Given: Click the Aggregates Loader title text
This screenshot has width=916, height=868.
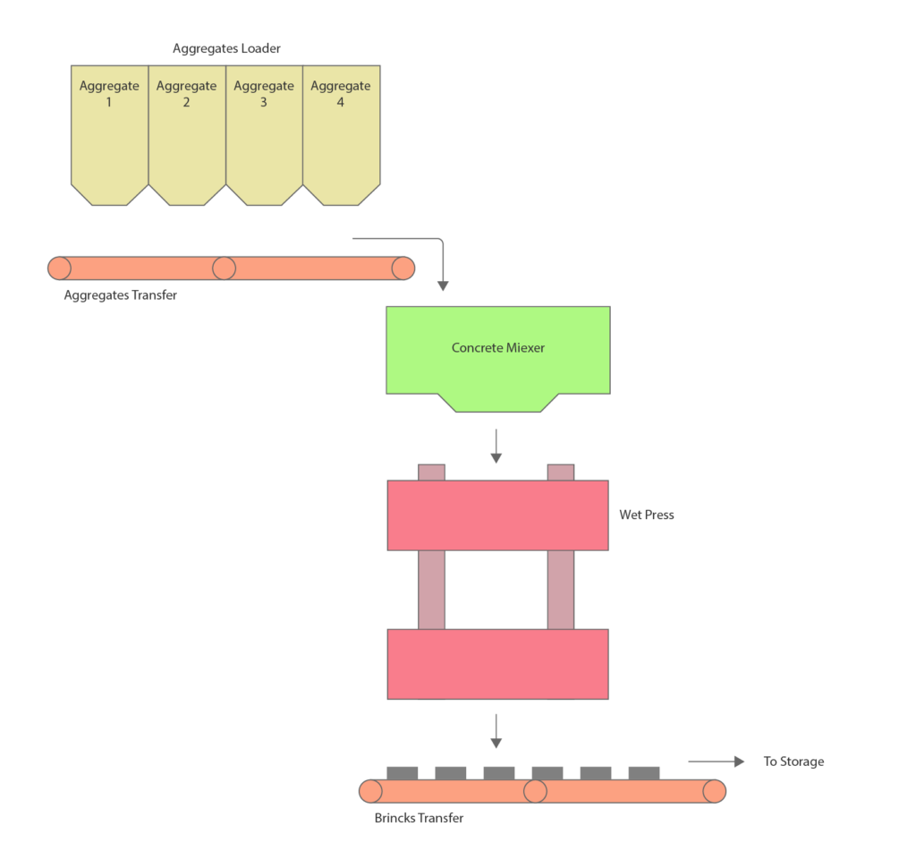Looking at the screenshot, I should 226,49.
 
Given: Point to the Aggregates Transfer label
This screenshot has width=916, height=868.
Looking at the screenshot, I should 120,294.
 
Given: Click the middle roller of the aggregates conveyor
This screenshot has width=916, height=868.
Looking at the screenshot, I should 224,268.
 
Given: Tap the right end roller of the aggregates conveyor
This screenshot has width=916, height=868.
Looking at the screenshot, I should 403,268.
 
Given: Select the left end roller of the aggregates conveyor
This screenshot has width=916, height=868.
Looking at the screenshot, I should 60,268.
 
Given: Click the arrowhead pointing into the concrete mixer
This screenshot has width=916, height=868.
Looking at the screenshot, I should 442,285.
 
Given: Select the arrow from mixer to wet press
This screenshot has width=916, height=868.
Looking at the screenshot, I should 496,446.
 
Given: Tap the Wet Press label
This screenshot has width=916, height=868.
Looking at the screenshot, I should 646,515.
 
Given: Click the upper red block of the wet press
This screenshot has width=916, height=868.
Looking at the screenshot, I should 497,515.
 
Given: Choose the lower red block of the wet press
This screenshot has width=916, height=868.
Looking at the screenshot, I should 497,663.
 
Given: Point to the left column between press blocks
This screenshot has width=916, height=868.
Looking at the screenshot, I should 431,589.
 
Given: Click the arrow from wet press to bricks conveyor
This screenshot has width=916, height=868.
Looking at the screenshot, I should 496,730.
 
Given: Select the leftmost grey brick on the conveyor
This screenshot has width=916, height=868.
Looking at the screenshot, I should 402,772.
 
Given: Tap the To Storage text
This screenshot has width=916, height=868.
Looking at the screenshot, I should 793,762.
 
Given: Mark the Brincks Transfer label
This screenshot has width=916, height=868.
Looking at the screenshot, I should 419,818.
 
